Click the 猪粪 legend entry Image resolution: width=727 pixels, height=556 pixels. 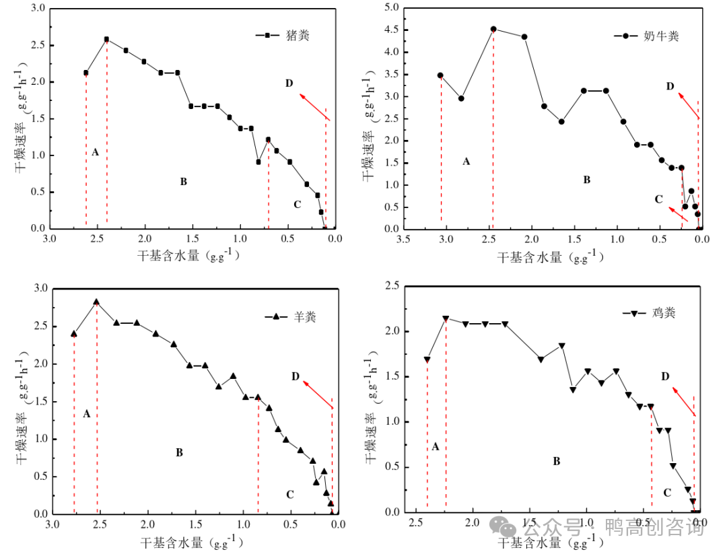(297, 35)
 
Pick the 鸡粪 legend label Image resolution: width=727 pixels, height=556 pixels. (663, 313)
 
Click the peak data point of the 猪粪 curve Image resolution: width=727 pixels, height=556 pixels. (106, 39)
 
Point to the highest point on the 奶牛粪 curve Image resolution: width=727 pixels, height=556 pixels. (493, 29)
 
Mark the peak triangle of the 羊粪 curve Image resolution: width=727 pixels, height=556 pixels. (96, 302)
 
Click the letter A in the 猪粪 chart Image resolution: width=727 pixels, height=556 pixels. (95, 152)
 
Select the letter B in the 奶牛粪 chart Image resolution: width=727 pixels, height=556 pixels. (586, 180)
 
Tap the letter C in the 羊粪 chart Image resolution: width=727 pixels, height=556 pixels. (290, 495)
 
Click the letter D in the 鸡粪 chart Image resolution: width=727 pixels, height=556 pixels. (665, 376)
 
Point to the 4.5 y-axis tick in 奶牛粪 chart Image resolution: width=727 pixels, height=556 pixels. (389, 30)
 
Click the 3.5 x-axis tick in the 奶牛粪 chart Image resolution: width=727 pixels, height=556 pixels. (403, 239)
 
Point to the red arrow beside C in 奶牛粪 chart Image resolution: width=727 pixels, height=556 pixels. (678, 214)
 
